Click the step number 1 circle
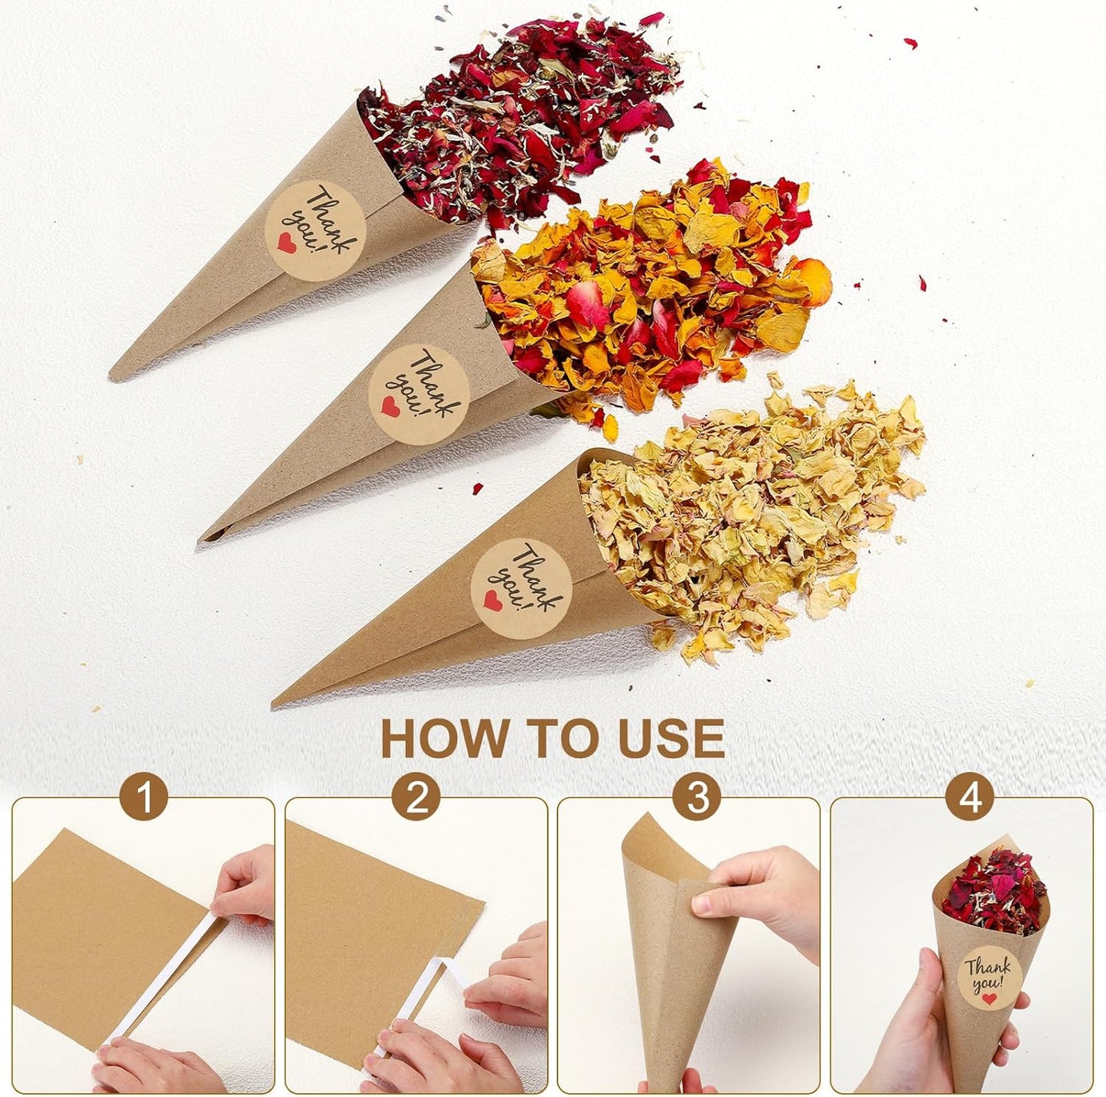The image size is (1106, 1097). coord(144,798)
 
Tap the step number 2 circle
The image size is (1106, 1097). coord(416,798)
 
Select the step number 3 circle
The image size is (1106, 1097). coord(697,798)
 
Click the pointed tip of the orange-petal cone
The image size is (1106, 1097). coord(202,539)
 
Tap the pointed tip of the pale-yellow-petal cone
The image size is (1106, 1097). coord(276,703)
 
